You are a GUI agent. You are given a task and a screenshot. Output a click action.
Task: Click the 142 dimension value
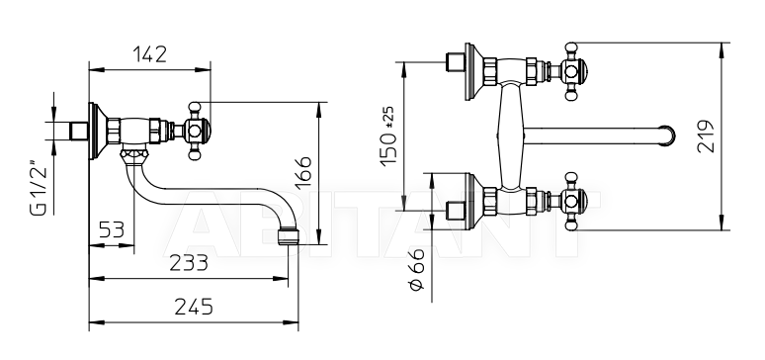click(x=149, y=54)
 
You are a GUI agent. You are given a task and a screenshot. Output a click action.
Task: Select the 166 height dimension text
click(x=303, y=171)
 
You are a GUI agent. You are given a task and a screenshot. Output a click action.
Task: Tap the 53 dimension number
click(x=112, y=228)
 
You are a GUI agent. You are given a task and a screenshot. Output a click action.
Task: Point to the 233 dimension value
click(x=189, y=263)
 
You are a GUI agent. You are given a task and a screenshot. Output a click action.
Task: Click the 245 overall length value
click(x=194, y=307)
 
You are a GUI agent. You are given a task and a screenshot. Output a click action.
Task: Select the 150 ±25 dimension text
click(x=388, y=136)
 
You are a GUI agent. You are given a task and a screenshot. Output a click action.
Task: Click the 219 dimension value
click(x=706, y=135)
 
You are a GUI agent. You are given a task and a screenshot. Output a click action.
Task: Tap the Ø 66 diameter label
click(x=416, y=269)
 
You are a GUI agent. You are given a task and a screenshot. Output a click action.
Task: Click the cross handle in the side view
click(x=194, y=131)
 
